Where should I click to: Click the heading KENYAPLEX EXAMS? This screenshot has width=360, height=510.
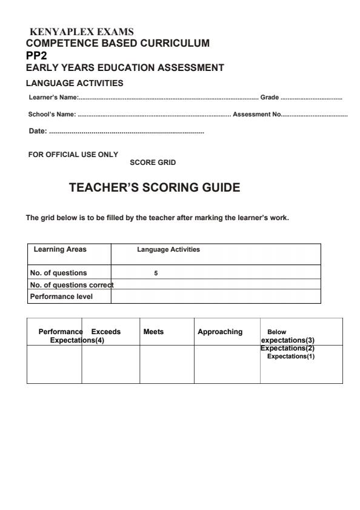tap(81, 32)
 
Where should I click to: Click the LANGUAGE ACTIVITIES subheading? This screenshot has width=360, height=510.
tap(75, 82)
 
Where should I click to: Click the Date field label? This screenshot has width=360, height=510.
tap(38, 131)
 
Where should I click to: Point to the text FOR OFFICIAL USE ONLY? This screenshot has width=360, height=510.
tap(73, 155)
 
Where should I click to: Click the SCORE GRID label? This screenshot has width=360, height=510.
tap(153, 163)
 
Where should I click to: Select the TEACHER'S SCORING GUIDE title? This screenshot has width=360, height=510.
tap(155, 188)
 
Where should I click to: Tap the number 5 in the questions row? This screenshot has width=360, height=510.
tap(156, 273)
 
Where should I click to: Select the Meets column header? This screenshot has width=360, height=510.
tap(153, 332)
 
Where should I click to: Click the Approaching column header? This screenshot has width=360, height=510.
tap(220, 332)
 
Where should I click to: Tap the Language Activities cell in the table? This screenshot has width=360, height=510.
tap(168, 249)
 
